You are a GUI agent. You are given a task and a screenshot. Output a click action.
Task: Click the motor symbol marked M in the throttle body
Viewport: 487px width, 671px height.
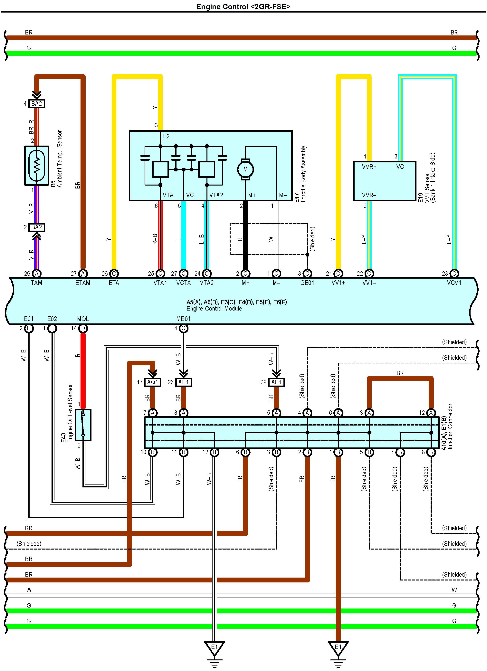pyautogui.click(x=245, y=169)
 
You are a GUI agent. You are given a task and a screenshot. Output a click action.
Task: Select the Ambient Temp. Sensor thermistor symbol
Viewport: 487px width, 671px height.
pyautogui.click(x=36, y=166)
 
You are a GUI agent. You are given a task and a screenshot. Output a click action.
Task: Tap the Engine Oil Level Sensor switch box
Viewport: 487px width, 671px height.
pyautogui.click(x=83, y=425)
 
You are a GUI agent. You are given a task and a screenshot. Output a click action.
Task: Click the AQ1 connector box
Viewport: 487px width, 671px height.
pyautogui.click(x=153, y=382)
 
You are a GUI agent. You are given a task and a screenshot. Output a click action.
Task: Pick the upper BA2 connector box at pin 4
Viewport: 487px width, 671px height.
pyautogui.click(x=36, y=104)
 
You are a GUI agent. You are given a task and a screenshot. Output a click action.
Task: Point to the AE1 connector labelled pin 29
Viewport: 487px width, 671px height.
pyautogui.click(x=276, y=382)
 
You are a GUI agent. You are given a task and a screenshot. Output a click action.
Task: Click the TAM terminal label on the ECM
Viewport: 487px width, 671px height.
pyautogui.click(x=36, y=283)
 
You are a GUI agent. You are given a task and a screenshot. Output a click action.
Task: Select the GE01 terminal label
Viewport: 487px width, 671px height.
pyautogui.click(x=307, y=283)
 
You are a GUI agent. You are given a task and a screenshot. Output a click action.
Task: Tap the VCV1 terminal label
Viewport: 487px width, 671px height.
pyautogui.click(x=454, y=283)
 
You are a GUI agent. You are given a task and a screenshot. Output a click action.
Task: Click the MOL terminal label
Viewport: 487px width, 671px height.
pyautogui.click(x=83, y=319)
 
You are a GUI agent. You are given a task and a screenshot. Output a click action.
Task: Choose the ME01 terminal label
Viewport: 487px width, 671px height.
pyautogui.click(x=183, y=319)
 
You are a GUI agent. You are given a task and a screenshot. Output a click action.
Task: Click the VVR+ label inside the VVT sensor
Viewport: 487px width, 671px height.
pyautogui.click(x=369, y=167)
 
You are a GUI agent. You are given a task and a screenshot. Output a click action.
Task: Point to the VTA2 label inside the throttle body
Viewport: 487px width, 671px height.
pyautogui.click(x=216, y=195)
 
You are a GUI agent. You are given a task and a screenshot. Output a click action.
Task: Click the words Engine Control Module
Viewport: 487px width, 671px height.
pyautogui.click(x=214, y=309)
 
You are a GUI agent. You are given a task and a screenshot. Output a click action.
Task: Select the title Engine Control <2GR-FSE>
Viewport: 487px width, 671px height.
pyautogui.click(x=243, y=6)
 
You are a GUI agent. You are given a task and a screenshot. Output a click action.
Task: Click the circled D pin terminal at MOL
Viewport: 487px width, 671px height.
pyautogui.click(x=83, y=328)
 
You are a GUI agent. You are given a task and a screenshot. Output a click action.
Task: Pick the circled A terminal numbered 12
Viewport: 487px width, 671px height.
pyautogui.click(x=431, y=413)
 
